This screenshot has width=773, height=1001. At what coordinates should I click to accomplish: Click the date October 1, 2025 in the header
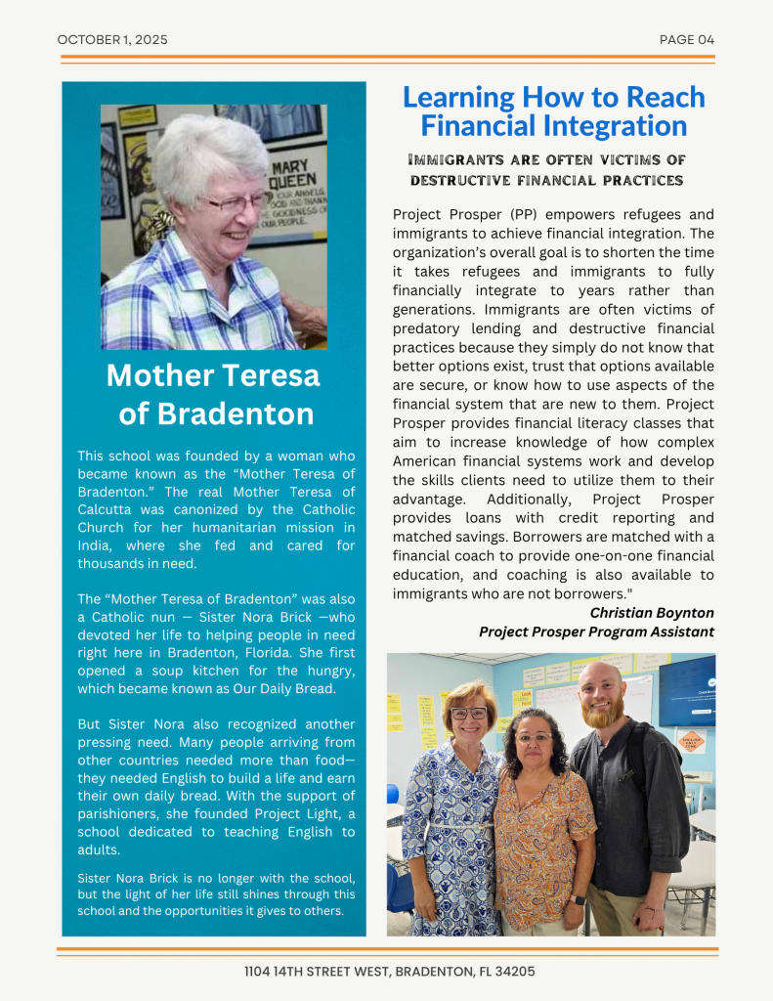pyautogui.click(x=112, y=40)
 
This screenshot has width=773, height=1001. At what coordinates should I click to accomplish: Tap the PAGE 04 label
pyautogui.click(x=687, y=40)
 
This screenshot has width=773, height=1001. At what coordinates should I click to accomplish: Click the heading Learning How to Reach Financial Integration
pyautogui.click(x=553, y=111)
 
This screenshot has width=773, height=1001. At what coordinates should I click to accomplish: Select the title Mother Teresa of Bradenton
pyautogui.click(x=213, y=394)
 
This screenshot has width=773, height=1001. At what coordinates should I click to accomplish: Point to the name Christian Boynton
pyautogui.click(x=652, y=613)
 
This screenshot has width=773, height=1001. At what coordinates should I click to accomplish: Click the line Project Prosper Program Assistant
pyautogui.click(x=596, y=632)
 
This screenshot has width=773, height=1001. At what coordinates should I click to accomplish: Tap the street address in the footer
pyautogui.click(x=389, y=972)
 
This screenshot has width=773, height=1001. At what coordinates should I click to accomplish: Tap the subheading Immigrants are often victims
pyautogui.click(x=546, y=170)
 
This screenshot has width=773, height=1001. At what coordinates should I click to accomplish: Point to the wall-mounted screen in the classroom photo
pyautogui.click(x=686, y=690)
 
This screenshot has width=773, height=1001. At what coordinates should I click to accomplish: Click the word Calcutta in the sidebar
pyautogui.click(x=108, y=510)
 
